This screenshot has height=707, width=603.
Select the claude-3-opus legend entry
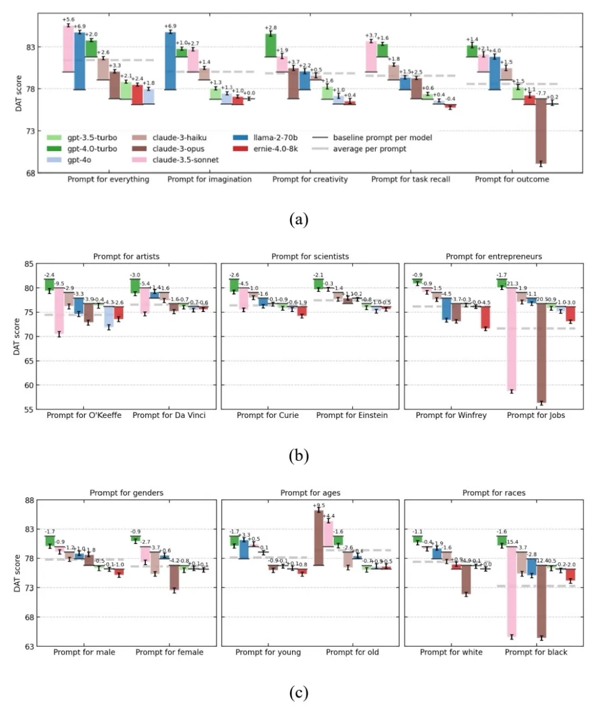click(178, 149)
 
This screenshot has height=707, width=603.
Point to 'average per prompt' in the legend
click(369, 149)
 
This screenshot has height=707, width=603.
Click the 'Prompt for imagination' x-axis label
click(209, 180)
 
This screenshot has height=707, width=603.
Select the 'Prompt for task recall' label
click(410, 180)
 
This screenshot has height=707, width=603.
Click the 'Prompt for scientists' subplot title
click(310, 257)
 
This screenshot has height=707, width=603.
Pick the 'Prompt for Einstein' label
click(352, 416)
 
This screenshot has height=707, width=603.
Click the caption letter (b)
click(299, 456)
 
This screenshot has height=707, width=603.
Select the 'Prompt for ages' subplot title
click(310, 493)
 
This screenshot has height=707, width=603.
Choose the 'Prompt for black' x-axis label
click(536, 652)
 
